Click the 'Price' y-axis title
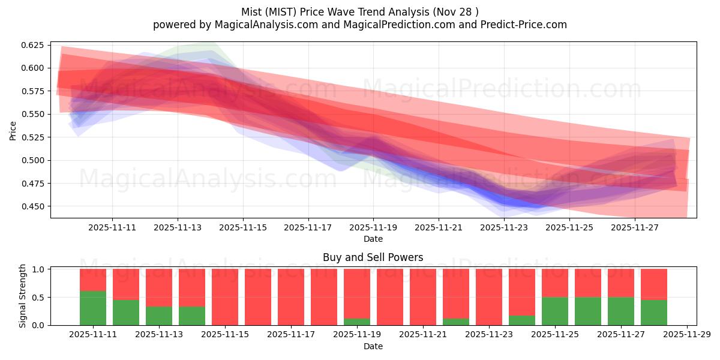coord(13,130)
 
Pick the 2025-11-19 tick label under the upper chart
coord(373,228)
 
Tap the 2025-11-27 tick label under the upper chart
coord(635,228)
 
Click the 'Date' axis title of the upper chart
coord(373,239)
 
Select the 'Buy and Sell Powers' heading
coord(373,257)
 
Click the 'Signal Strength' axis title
coord(23,296)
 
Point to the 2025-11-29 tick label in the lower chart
coord(686,335)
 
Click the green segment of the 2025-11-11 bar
coord(93,308)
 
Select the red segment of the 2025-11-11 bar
coord(93,280)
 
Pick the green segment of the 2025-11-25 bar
coord(555,311)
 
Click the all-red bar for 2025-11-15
coord(225,297)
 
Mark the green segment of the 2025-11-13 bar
coord(159,316)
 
